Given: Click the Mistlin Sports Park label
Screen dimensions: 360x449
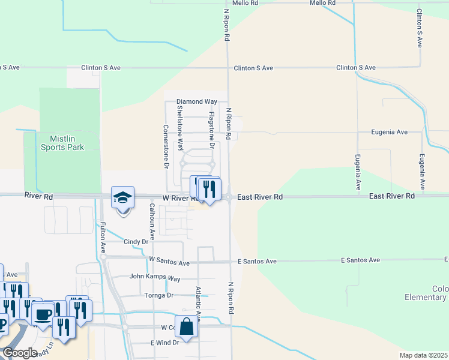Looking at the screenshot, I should (x=62, y=142).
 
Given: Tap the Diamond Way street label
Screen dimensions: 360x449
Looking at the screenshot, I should (x=196, y=102).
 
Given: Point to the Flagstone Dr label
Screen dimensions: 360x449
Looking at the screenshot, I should (x=211, y=130).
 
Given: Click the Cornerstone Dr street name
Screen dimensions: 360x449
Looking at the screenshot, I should (x=166, y=147).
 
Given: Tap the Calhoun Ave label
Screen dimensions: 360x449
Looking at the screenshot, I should (x=152, y=219).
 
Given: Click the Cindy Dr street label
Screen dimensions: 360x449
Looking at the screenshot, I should (x=136, y=242).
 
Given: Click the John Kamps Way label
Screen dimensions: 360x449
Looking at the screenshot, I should (x=155, y=278).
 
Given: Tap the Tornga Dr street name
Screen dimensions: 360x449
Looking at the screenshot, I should (x=158, y=295).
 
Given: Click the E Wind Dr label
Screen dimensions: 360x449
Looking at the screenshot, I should (x=164, y=343).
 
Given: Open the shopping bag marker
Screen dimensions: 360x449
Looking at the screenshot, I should (x=186, y=327).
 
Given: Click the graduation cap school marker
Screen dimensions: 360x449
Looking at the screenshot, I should (x=122, y=197).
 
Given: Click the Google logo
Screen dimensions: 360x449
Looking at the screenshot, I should (x=20, y=353).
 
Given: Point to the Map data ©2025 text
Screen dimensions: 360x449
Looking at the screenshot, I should (x=424, y=355).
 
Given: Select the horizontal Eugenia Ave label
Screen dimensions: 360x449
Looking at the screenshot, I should (x=390, y=132).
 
